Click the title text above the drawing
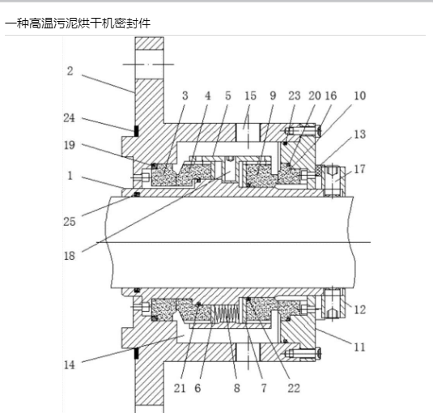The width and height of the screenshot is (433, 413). (x=78, y=23)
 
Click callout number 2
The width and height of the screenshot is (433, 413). (x=70, y=71)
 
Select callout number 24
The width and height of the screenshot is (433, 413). (x=69, y=118)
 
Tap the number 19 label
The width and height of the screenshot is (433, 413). (x=70, y=145)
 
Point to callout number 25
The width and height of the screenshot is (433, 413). (x=70, y=222)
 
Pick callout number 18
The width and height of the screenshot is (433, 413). (x=70, y=256)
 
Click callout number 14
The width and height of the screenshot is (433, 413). (x=70, y=365)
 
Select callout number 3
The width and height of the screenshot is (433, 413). (x=185, y=96)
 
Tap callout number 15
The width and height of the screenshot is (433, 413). (x=250, y=96)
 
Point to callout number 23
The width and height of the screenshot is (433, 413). (x=295, y=96)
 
